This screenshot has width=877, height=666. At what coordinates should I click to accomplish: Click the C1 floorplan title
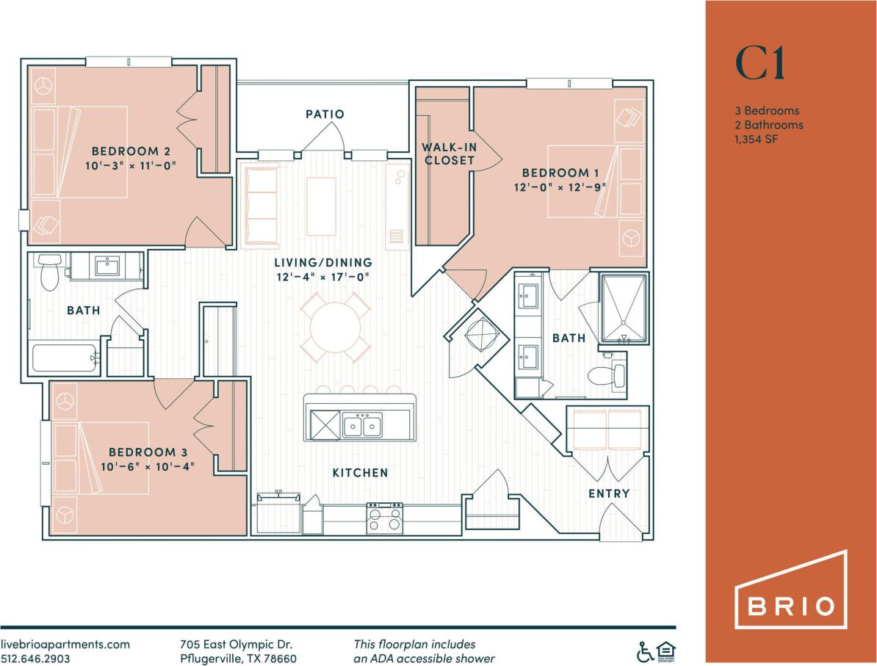click(x=760, y=65)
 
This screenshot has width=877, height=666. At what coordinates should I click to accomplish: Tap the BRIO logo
click(x=791, y=599)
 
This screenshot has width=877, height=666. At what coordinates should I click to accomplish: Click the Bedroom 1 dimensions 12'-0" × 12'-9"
click(x=556, y=188)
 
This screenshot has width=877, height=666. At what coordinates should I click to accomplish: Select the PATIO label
click(x=325, y=115)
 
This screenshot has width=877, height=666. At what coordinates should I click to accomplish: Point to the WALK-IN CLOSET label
click(x=449, y=153)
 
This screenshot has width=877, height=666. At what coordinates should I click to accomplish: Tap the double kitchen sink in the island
click(x=361, y=425)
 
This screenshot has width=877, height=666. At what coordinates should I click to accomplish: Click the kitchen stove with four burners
click(x=385, y=518)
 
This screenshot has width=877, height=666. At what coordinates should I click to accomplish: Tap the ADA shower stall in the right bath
click(x=624, y=308)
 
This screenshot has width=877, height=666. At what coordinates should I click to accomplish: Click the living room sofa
click(x=260, y=206)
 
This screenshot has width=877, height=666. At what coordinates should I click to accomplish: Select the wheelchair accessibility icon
click(x=645, y=651)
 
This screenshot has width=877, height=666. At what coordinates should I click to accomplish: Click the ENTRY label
click(x=609, y=493)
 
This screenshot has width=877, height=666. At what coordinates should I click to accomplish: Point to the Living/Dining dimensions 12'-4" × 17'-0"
click(x=323, y=277)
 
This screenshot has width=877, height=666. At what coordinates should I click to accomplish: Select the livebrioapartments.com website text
click(x=65, y=643)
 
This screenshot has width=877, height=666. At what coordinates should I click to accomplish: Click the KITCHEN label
click(x=360, y=473)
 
